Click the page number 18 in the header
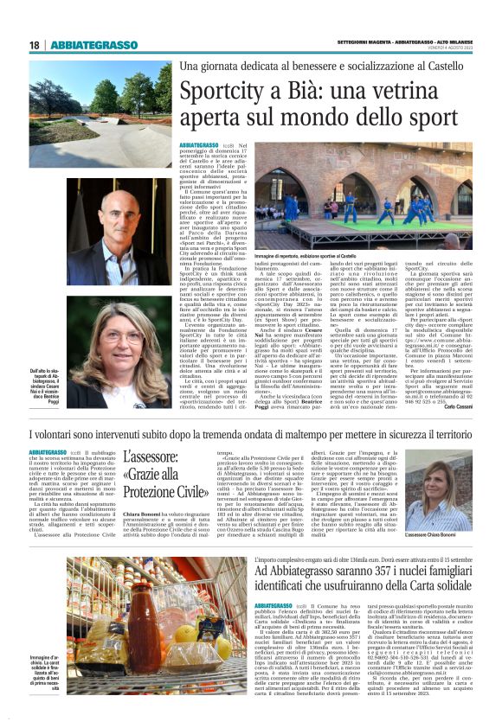coord(34,45)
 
